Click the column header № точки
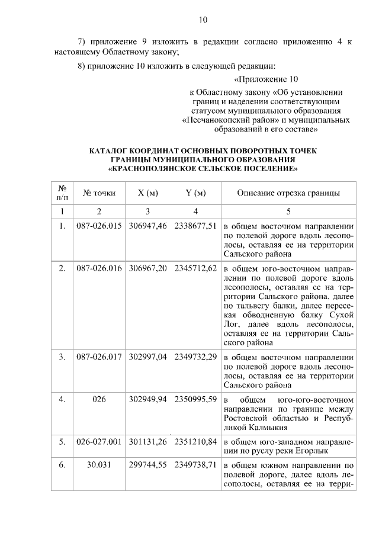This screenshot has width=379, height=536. [99, 193]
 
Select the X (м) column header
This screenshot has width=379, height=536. [147, 193]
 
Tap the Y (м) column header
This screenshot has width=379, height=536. [195, 193]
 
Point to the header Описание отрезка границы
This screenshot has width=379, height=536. [288, 193]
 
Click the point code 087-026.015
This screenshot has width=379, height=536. [99, 226]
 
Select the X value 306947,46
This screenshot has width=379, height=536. [148, 226]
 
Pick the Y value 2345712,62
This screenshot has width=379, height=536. [195, 268]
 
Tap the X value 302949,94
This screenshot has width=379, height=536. [148, 400]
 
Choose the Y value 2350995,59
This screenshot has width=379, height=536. [195, 400]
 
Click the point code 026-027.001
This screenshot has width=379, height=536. [99, 442]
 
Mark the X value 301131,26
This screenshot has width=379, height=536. [148, 442]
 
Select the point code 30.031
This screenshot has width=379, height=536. [99, 467]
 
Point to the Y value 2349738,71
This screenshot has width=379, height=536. [195, 467]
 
